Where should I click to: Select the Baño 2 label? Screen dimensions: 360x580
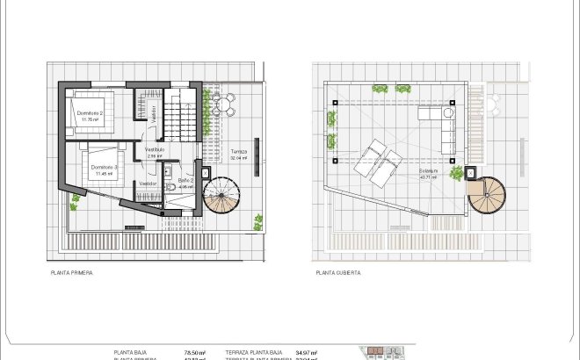tap(185, 181)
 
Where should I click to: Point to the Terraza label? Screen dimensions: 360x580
tap(238, 151)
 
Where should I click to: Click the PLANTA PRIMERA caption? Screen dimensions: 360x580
tap(72, 273)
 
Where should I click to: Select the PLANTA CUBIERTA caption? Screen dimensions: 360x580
tap(338, 273)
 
